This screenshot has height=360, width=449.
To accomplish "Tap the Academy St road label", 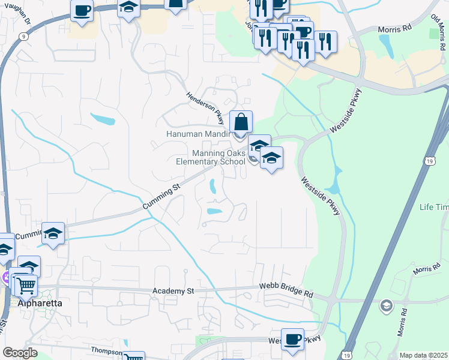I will tap(174, 291).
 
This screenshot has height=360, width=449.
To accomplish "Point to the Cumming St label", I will tap(161, 197).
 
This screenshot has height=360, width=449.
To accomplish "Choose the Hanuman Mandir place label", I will tap(198, 134).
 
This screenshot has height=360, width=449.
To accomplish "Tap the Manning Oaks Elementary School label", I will tap(210, 157).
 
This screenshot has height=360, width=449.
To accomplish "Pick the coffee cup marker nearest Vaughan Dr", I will tap(82, 11).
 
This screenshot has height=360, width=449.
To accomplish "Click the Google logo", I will tap(20, 353).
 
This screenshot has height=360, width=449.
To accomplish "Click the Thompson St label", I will tap(106, 351).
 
